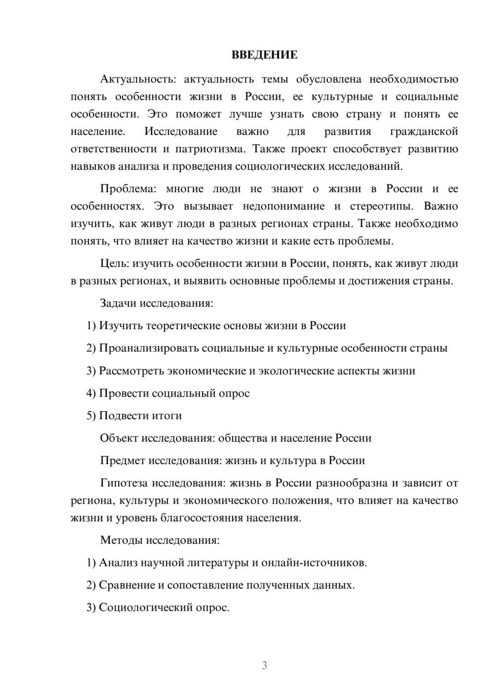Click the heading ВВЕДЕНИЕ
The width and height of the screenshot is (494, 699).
point(264,55)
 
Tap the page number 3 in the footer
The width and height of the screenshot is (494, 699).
point(264,665)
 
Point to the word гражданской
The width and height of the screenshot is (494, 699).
point(424,131)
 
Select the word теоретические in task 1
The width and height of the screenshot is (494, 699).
point(183,326)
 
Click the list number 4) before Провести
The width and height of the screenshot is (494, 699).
point(91,393)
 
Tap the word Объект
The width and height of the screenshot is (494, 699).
point(119,438)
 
